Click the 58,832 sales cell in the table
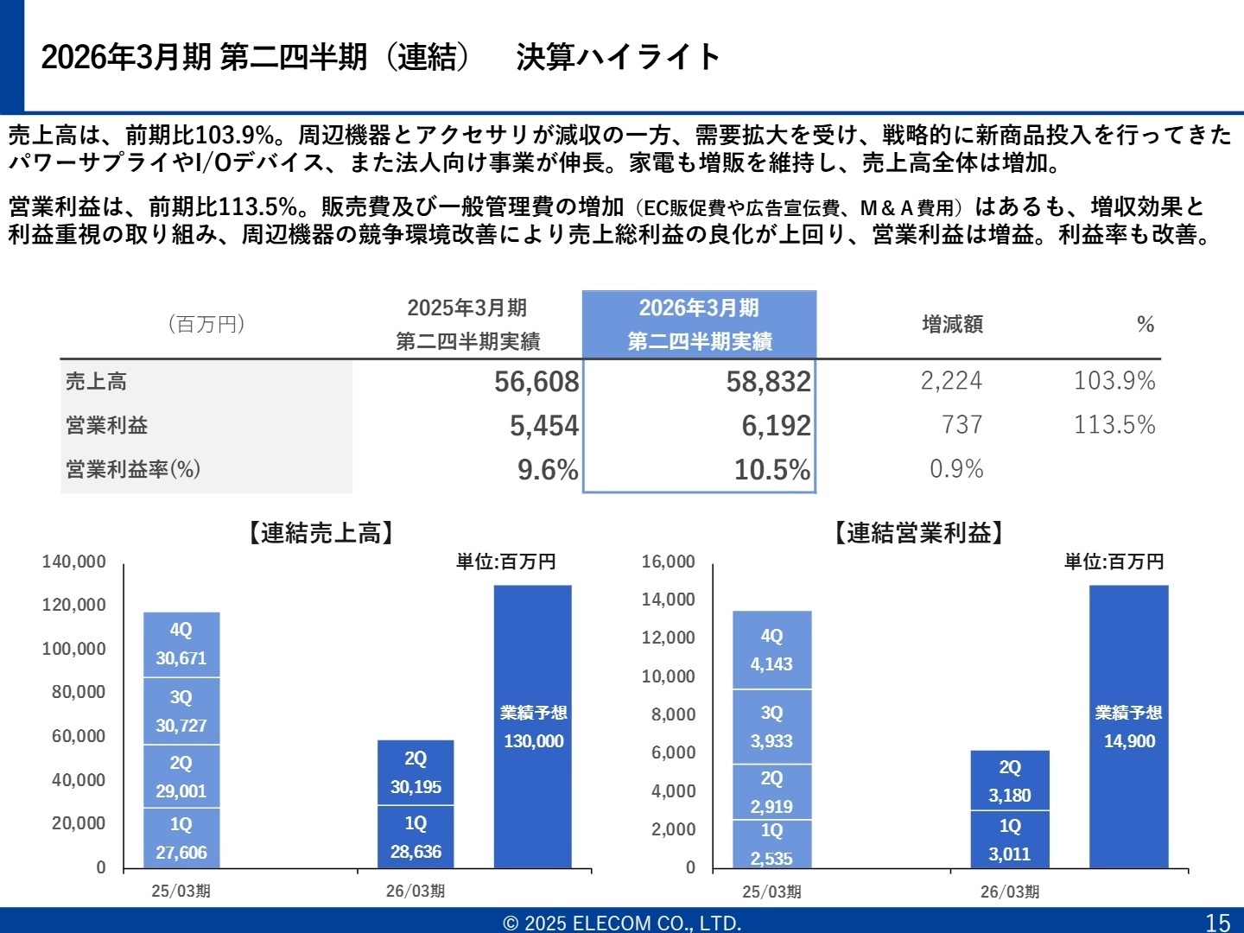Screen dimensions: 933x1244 tap(768, 382)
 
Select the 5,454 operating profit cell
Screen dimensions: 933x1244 tap(543, 426)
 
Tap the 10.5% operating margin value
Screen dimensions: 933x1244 tap(771, 470)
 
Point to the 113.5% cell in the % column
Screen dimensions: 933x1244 tap(1114, 425)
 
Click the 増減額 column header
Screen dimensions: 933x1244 tap(952, 325)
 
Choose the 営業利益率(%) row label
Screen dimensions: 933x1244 tap(133, 469)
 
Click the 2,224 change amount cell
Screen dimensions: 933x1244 tap(950, 381)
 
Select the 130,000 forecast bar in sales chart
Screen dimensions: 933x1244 tap(533, 727)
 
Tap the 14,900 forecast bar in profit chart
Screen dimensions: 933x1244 tap(1128, 727)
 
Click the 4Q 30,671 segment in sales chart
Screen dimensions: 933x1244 tap(181, 644)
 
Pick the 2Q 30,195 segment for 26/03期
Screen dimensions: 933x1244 tap(416, 772)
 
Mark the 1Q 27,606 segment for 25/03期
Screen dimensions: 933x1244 tap(181, 838)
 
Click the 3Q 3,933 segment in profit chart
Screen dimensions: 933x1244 tap(771, 727)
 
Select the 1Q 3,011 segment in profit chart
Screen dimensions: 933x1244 tap(1010, 840)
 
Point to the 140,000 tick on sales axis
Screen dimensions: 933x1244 tap(74, 562)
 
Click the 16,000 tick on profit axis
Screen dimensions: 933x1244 tap(668, 562)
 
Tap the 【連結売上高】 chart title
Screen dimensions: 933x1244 tap(321, 533)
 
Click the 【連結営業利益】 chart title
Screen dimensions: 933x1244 tap(918, 533)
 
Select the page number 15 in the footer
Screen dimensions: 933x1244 tap(1218, 922)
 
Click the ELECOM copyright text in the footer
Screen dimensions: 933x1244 tap(622, 923)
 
